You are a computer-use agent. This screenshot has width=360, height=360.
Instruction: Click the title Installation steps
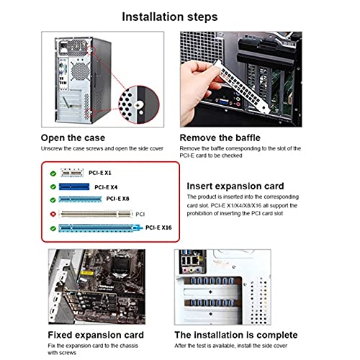click(x=180, y=15)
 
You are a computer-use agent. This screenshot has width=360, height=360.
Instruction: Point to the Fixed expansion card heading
click(x=96, y=335)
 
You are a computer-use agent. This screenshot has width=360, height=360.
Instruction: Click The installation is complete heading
click(x=236, y=335)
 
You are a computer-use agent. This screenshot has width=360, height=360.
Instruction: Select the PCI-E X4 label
click(x=106, y=186)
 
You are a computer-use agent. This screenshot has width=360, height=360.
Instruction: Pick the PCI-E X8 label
click(x=119, y=199)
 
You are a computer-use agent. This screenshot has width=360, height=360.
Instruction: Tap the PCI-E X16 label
click(x=159, y=228)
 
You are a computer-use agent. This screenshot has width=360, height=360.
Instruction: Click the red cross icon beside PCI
click(x=53, y=214)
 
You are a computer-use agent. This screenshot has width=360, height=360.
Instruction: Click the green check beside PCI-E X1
click(x=53, y=173)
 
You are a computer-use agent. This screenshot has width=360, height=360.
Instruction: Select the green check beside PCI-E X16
click(x=53, y=228)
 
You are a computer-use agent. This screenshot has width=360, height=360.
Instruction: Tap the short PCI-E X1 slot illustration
click(x=71, y=173)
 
